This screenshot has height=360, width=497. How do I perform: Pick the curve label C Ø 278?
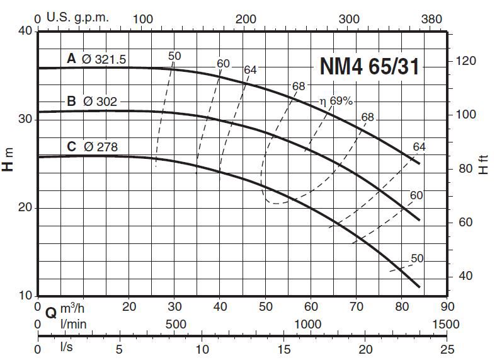coord(92,147)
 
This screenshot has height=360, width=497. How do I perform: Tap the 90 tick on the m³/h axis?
coord(446,306)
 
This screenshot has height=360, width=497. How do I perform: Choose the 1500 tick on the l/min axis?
coord(445,323)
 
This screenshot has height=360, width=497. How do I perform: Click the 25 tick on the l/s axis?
coord(446,349)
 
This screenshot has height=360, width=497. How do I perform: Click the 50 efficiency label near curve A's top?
coord(174,56)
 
